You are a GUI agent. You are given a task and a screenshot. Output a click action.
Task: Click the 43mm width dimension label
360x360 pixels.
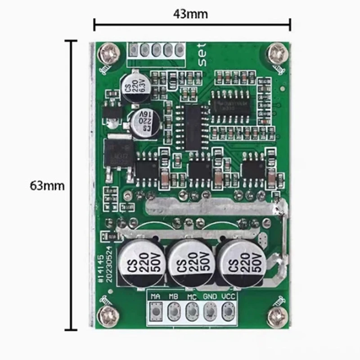pos(191,14)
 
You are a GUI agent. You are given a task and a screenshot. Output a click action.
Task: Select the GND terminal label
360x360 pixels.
pos(210,297)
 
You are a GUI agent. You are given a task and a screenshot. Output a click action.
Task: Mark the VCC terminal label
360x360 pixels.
pos(228,297)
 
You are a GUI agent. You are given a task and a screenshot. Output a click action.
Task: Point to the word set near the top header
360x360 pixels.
pos(201,54)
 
